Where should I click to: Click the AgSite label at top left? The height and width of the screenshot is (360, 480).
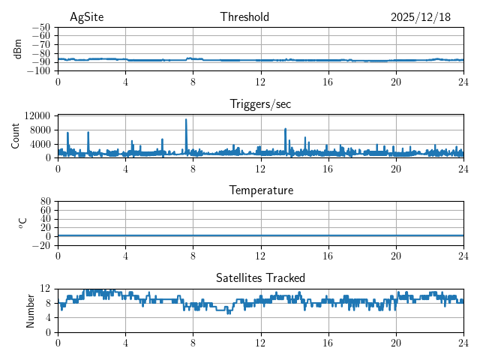pyautogui.click(x=86, y=17)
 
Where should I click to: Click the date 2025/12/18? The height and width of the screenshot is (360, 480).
pyautogui.click(x=420, y=17)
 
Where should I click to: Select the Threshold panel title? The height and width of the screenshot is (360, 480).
pyautogui.click(x=244, y=17)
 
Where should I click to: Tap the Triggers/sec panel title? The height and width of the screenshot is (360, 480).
pyautogui.click(x=260, y=104)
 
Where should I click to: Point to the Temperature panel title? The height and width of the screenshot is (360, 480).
pyautogui.click(x=260, y=190)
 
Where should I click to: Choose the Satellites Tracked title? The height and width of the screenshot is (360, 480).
pyautogui.click(x=260, y=277)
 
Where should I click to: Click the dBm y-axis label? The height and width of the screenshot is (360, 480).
pyautogui.click(x=18, y=49)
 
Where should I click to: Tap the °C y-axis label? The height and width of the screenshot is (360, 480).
pyautogui.click(x=22, y=223)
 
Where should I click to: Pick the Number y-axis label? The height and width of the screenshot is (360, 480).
pyautogui.click(x=30, y=310)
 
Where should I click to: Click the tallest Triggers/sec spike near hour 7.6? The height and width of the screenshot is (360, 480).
pyautogui.click(x=187, y=120)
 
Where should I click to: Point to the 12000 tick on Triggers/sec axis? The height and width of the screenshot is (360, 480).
pyautogui.click(x=37, y=116)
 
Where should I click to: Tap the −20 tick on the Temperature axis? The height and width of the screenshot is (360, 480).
pyautogui.click(x=41, y=245)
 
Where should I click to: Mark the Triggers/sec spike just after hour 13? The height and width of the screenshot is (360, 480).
pyautogui.click(x=286, y=130)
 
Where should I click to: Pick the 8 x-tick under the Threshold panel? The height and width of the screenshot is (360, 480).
pyautogui.click(x=193, y=82)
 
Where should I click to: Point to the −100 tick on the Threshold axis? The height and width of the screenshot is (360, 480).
pyautogui.click(x=39, y=71)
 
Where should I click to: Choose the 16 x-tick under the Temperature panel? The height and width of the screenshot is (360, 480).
pyautogui.click(x=328, y=256)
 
